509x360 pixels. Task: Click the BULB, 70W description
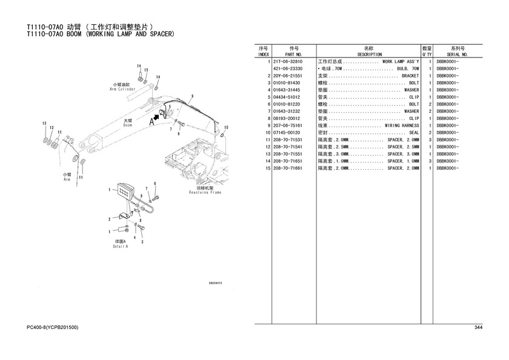368,69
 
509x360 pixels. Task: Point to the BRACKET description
368,76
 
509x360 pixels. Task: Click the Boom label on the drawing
128,123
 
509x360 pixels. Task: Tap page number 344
477,328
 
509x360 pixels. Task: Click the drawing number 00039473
215,283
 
